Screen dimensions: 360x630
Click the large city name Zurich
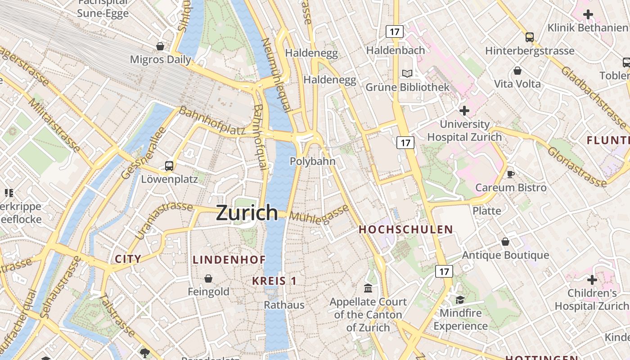click(x=247, y=212)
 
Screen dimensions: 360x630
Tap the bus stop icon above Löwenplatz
click(x=169, y=166)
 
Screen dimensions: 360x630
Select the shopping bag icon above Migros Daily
click(x=160, y=46)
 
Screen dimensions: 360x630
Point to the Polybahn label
click(x=313, y=161)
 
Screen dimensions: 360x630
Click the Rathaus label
click(x=284, y=305)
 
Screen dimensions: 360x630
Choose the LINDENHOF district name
click(x=229, y=260)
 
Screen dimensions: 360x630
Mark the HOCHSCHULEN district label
click(x=405, y=229)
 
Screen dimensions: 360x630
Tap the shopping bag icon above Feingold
click(x=208, y=279)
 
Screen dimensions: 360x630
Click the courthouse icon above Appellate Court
click(x=368, y=288)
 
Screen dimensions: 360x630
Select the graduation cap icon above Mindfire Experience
click(x=460, y=300)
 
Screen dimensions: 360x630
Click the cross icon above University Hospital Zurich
click(x=464, y=111)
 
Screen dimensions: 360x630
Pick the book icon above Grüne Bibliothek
click(x=407, y=73)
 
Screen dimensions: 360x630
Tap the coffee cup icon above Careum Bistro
click(x=510, y=174)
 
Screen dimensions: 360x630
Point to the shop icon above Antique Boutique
click(x=505, y=242)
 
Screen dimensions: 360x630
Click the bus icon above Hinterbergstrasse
click(x=530, y=37)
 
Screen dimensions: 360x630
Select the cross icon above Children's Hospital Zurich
click(x=592, y=280)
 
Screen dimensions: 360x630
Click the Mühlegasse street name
click(x=319, y=213)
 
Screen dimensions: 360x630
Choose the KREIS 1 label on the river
click(x=274, y=281)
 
